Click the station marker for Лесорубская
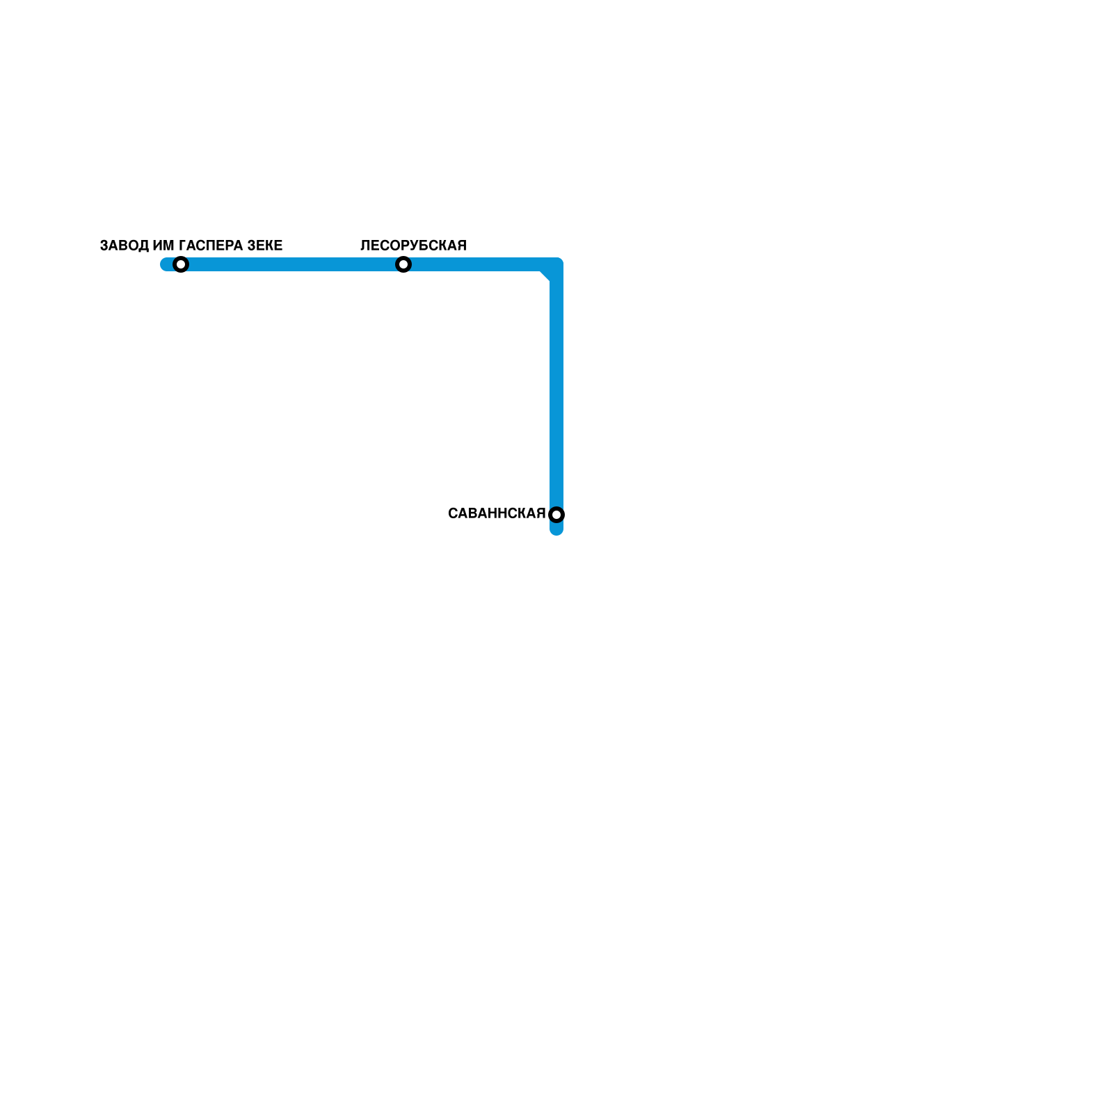tap(403, 264)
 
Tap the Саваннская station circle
tap(556, 515)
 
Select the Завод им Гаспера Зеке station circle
tap(181, 264)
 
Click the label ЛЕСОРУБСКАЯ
tap(413, 246)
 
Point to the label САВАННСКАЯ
tap(497, 514)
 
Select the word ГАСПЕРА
tap(211, 246)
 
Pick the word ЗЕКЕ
tap(265, 246)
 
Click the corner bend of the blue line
tap(554, 266)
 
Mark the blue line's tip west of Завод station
tap(166, 264)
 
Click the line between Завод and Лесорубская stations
tap(292, 264)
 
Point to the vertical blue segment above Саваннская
tap(556, 390)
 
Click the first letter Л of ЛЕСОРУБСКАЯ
tap(365, 246)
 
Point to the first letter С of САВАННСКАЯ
tap(453, 514)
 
